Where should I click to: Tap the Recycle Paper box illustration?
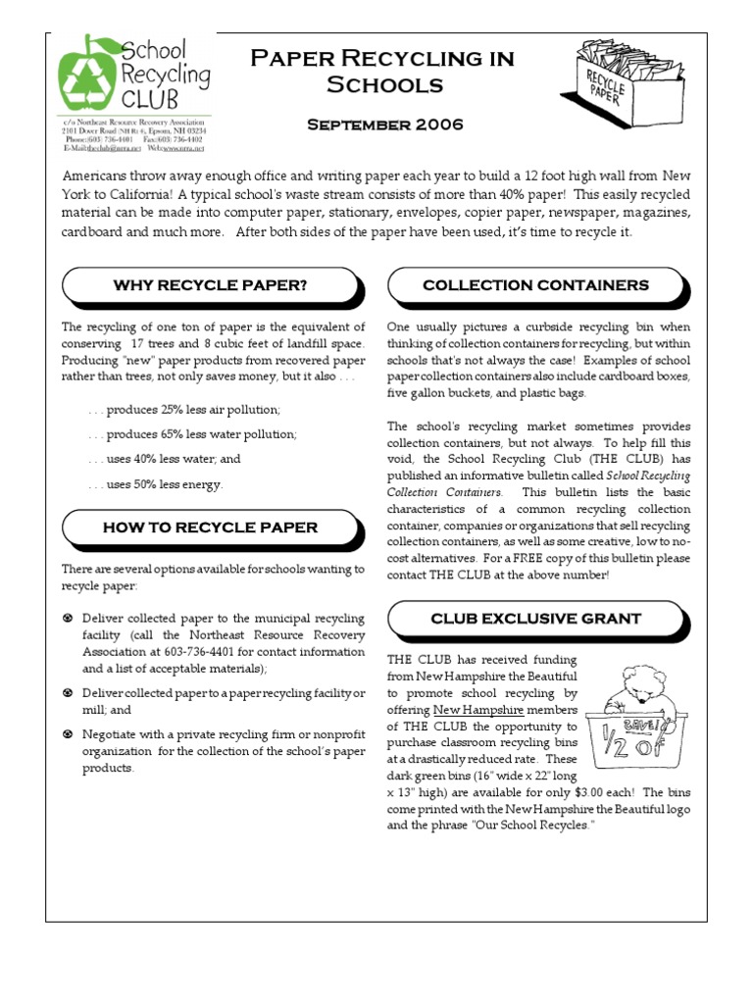(x=627, y=79)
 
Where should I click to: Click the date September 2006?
(x=384, y=125)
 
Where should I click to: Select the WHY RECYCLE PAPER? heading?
(x=211, y=285)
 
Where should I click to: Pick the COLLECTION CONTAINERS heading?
(x=535, y=285)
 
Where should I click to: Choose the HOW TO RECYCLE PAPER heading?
(x=211, y=527)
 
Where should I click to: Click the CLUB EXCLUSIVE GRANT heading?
(x=535, y=619)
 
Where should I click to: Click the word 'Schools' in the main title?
(x=384, y=84)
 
